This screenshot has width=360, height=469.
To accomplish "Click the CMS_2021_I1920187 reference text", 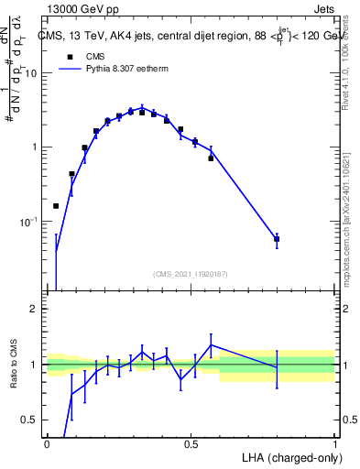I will pyautogui.click(x=191, y=274).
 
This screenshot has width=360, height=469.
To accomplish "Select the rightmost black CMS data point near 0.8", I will pyautogui.click(x=277, y=239).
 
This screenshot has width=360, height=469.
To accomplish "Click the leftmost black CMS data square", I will pyautogui.click(x=57, y=206).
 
